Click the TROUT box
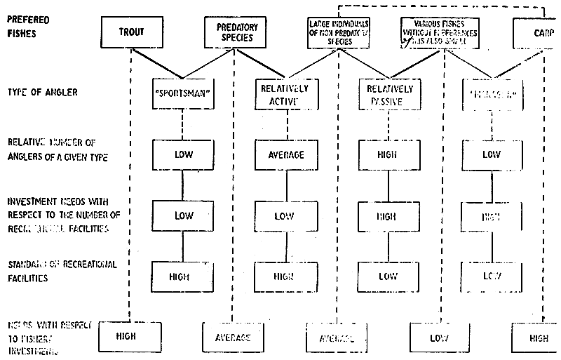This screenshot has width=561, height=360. tap(130, 32)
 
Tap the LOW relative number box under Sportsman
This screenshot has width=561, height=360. tap(182, 154)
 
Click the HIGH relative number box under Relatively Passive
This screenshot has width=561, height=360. tap(387, 154)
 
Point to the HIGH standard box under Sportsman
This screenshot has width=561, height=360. tap(182, 276)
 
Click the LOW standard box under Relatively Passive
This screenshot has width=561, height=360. tap(387, 276)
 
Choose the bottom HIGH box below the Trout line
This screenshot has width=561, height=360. tap(127, 337)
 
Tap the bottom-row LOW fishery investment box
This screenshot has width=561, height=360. tap(438, 337)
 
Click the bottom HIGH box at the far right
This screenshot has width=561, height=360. tap(536, 337)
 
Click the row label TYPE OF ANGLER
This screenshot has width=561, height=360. tap(42, 92)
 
